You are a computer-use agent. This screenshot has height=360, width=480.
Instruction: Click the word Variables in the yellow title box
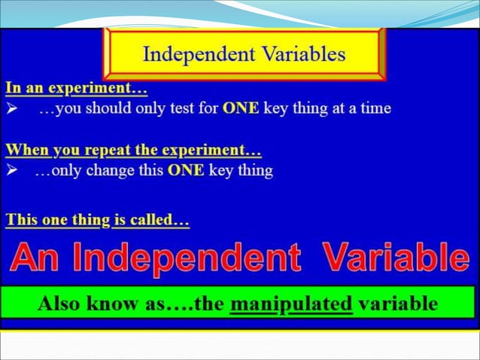pos(303,54)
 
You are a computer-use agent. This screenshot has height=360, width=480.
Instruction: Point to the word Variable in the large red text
pos(396,258)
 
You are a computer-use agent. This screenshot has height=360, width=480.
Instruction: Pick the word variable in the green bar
pos(398,304)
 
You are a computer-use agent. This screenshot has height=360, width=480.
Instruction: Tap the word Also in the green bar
pos(61,304)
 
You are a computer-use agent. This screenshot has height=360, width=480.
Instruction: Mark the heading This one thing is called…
pos(97,221)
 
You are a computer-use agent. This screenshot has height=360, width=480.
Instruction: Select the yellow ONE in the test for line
pos(241,108)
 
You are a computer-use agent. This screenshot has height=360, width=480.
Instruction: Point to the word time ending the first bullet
pos(375,108)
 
